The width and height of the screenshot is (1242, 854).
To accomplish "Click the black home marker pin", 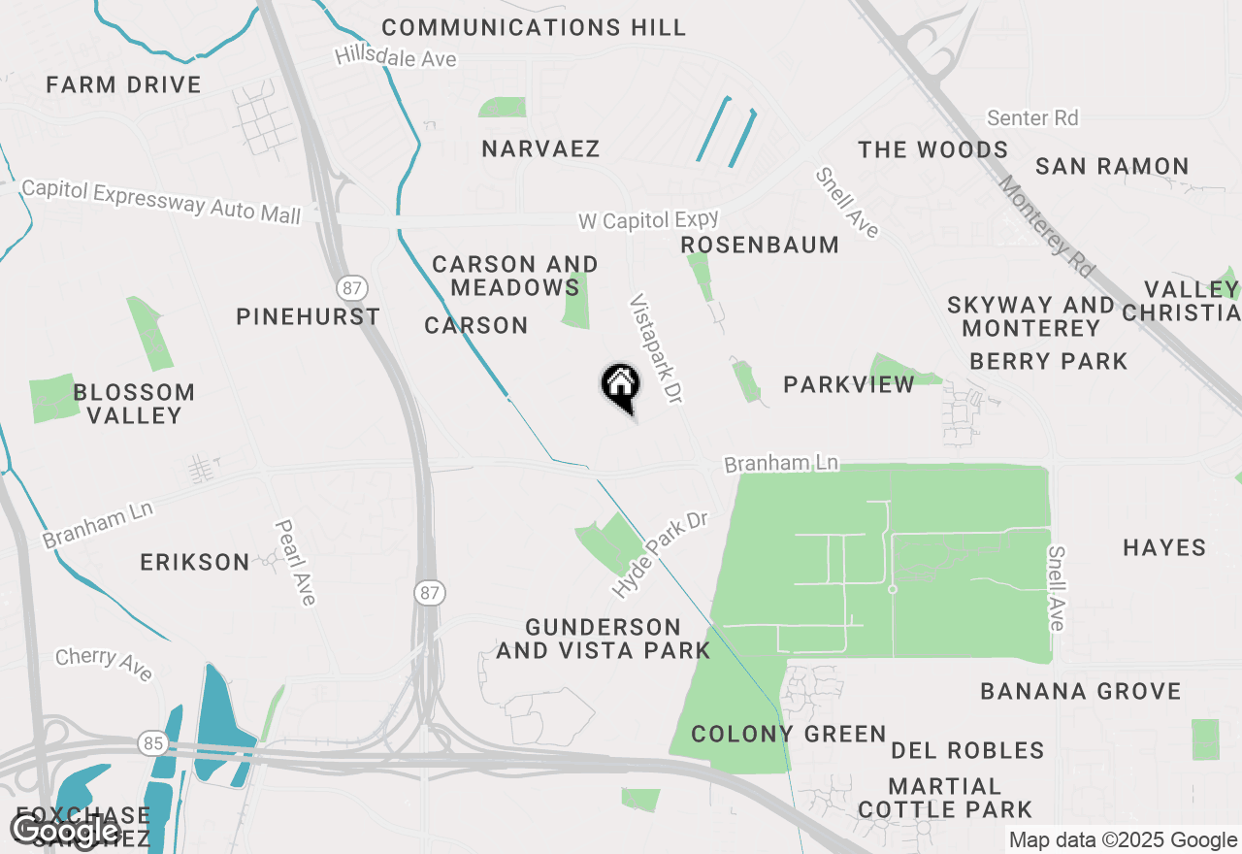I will (621, 385).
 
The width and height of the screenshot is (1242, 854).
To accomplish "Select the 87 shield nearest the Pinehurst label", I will (351, 287).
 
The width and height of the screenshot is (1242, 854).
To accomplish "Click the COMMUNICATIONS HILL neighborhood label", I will (534, 27).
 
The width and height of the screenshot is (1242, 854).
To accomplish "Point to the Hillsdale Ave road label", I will (395, 57).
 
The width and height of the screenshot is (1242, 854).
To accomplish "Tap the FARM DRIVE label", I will (123, 84).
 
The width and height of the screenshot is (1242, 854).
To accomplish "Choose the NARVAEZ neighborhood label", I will (540, 148).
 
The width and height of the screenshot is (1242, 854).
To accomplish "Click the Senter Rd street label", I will (1032, 118).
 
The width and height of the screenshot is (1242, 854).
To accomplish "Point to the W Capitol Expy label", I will (648, 220).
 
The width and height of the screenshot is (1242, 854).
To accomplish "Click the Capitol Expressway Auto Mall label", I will (161, 201).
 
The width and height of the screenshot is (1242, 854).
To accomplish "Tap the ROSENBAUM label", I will (760, 245).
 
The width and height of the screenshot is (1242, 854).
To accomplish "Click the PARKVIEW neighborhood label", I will (849, 384).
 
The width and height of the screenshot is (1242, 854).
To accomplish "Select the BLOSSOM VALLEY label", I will (134, 404).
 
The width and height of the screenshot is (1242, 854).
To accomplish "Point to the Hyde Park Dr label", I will (660, 554).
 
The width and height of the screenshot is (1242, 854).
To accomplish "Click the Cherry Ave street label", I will (104, 663).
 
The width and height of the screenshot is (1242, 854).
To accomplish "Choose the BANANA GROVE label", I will (1081, 691).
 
